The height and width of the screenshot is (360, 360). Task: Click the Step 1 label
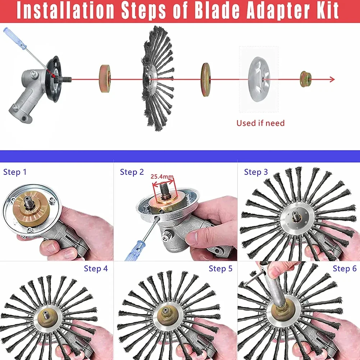pyautogui.click(x=15, y=172)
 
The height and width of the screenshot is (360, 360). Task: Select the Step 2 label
pyautogui.click(x=132, y=172)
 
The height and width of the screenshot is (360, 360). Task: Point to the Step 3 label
pyautogui.click(x=256, y=172)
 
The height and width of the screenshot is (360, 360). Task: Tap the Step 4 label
pyautogui.click(x=96, y=268)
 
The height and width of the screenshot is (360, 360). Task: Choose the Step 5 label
pyautogui.click(x=220, y=268)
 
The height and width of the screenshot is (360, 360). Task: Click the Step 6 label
pyautogui.click(x=345, y=268)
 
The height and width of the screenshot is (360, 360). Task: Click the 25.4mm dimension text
pyautogui.click(x=162, y=177)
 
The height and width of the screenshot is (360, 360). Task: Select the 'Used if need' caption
pyautogui.click(x=260, y=123)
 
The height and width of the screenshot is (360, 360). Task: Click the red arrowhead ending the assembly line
pyautogui.click(x=331, y=79)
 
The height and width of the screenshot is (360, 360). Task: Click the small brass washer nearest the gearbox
pyautogui.click(x=105, y=79)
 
